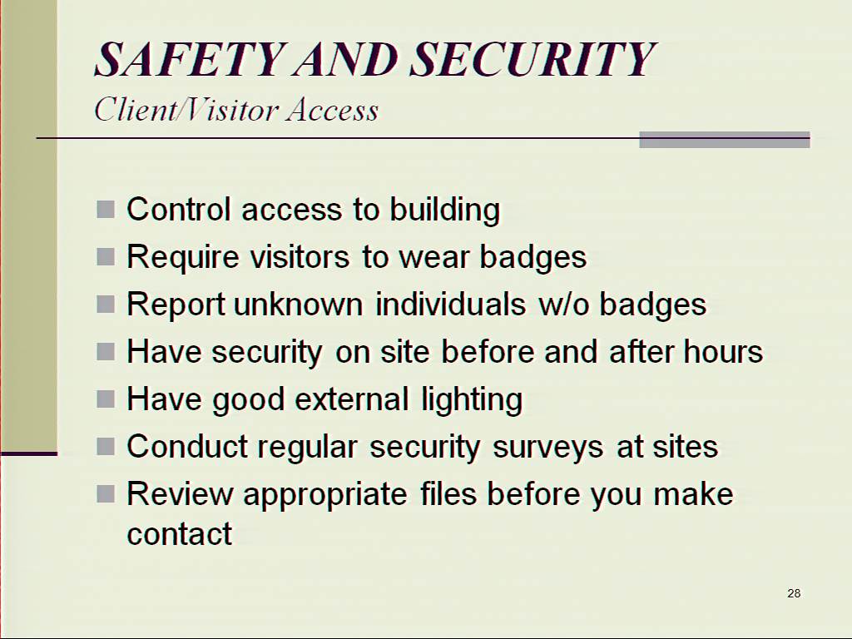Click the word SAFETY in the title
click(191, 59)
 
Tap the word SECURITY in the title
click(533, 59)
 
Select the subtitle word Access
click(333, 110)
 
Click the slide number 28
click(794, 592)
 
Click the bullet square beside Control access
click(106, 209)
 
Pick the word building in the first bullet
click(445, 210)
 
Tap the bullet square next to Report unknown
click(106, 305)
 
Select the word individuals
click(450, 304)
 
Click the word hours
click(723, 352)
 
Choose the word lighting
click(472, 400)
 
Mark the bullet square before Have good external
click(106, 399)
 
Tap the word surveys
click(547, 447)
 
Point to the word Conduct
click(187, 446)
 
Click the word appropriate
click(325, 495)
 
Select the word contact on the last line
click(180, 533)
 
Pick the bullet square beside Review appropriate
click(106, 494)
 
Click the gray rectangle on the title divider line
click(725, 140)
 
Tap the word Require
click(182, 257)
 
